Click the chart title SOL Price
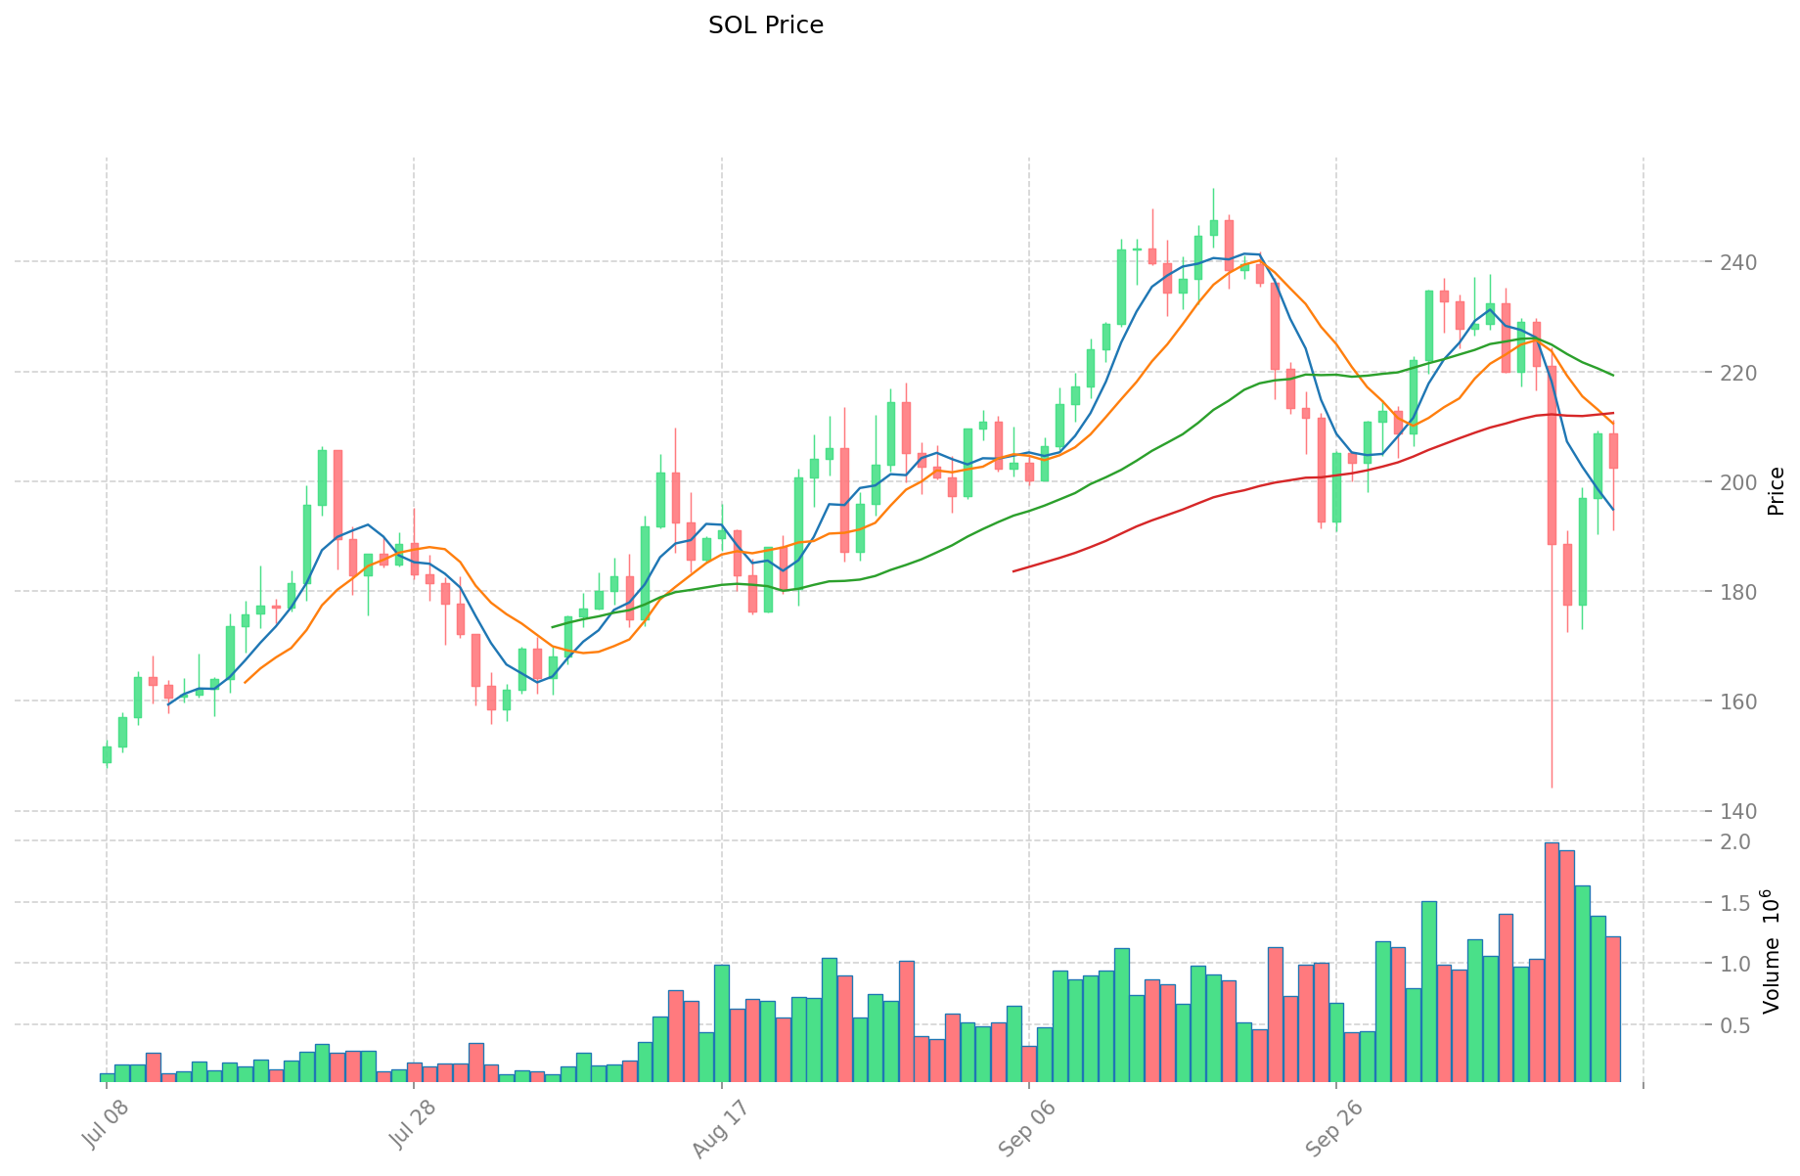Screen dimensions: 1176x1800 [765, 25]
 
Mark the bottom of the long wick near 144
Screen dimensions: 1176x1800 [1552, 787]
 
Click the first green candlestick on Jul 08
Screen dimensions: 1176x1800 [107, 754]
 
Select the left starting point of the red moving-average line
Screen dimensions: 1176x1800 [1013, 570]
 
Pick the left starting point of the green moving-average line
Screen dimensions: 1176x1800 [553, 627]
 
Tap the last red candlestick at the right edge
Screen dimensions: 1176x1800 [1613, 451]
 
